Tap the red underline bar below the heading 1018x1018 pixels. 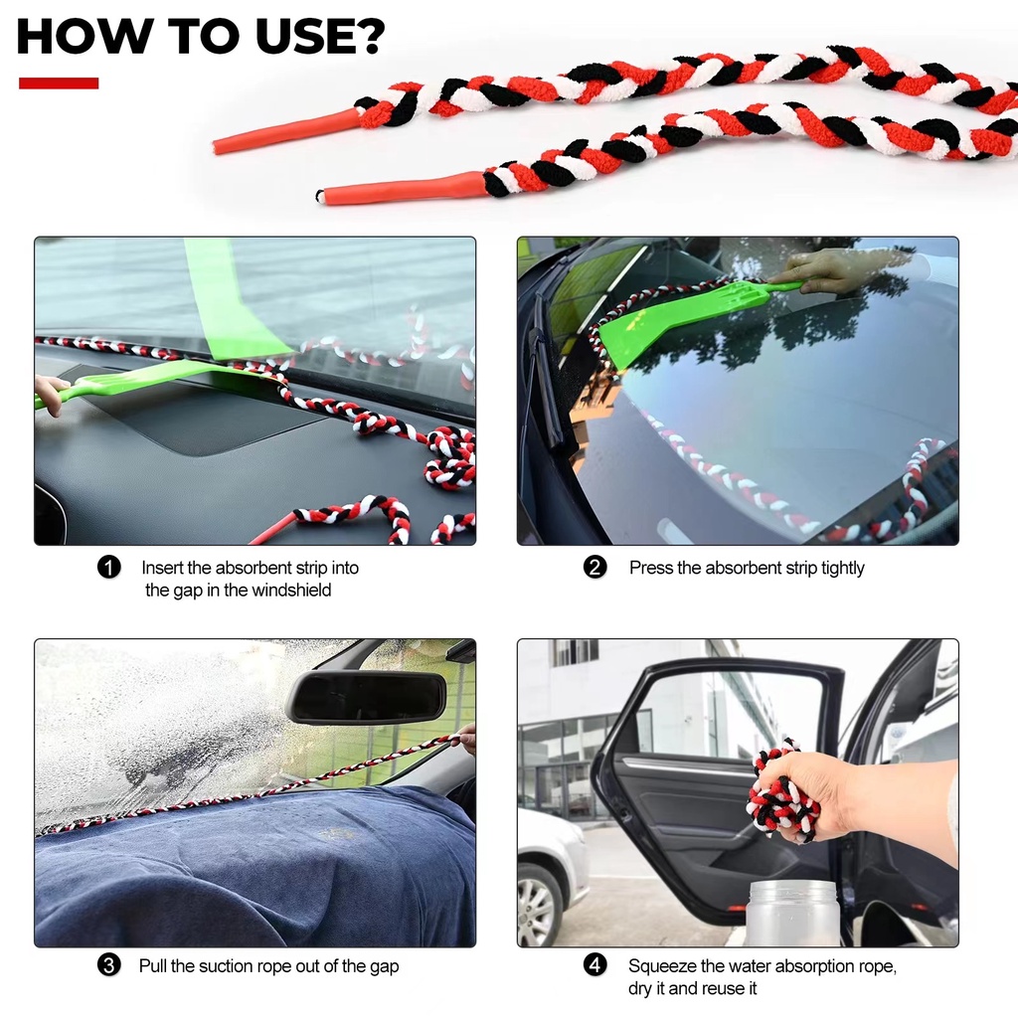coord(59,84)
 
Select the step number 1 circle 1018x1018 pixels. coord(109,568)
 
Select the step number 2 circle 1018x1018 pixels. coord(594,568)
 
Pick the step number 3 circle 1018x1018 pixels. coord(109,965)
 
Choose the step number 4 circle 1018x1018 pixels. coord(594,965)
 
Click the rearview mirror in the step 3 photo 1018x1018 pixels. coord(367,697)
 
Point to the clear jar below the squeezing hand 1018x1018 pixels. coord(792,913)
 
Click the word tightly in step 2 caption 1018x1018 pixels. coord(843,568)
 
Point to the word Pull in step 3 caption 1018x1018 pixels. coord(152,966)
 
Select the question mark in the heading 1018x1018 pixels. coord(371,37)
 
